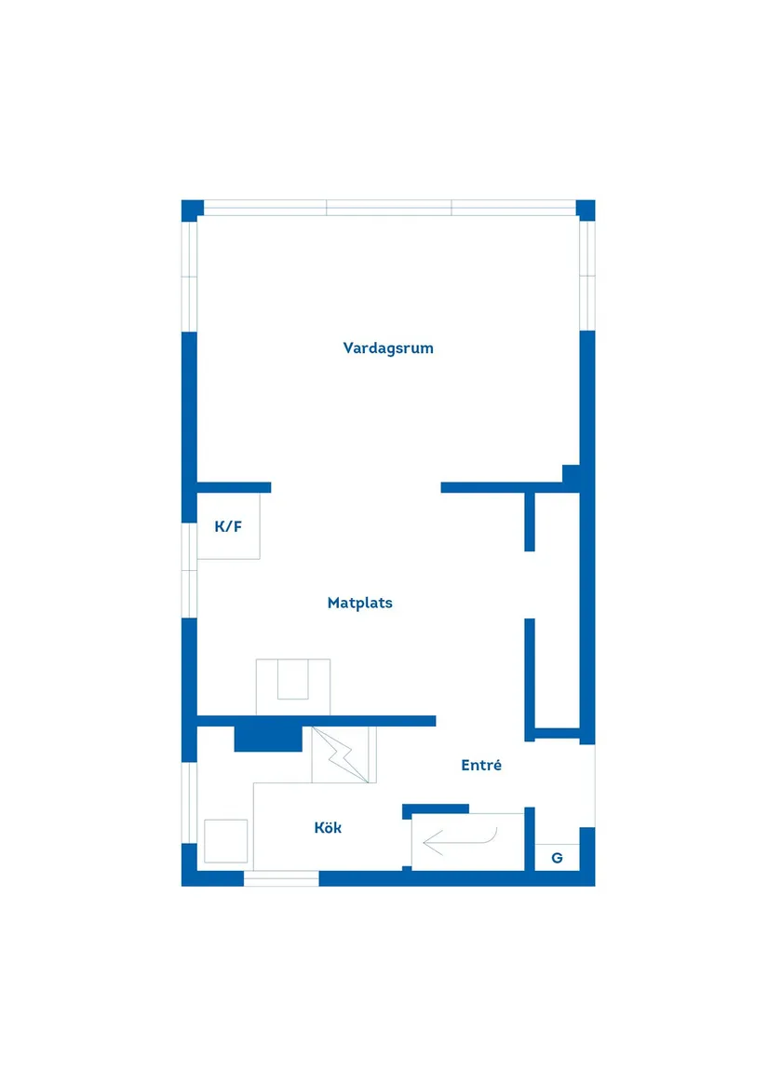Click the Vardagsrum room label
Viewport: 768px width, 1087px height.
click(x=388, y=348)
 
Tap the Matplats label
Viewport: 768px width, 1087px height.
click(x=359, y=603)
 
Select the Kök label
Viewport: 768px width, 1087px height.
click(x=328, y=827)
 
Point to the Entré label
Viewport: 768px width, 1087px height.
click(x=481, y=765)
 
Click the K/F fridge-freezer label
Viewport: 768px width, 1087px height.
click(x=228, y=526)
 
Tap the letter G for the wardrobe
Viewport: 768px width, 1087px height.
click(x=557, y=858)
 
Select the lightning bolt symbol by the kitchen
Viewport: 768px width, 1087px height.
click(x=343, y=754)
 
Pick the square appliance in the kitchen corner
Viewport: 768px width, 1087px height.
click(x=226, y=841)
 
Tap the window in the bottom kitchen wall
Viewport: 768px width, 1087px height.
click(x=281, y=879)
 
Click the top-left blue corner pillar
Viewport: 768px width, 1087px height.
click(x=192, y=210)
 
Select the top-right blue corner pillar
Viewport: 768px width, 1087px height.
click(x=586, y=210)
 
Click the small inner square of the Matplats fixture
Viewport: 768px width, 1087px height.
click(x=293, y=679)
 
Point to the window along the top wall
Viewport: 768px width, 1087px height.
click(x=389, y=208)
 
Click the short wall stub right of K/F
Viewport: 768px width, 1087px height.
click(x=235, y=487)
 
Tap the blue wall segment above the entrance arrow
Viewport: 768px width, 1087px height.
click(x=436, y=809)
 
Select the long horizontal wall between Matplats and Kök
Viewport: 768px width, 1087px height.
click(x=317, y=721)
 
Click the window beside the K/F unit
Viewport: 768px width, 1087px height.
click(x=189, y=570)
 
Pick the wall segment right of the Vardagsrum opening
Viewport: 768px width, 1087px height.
click(x=510, y=487)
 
